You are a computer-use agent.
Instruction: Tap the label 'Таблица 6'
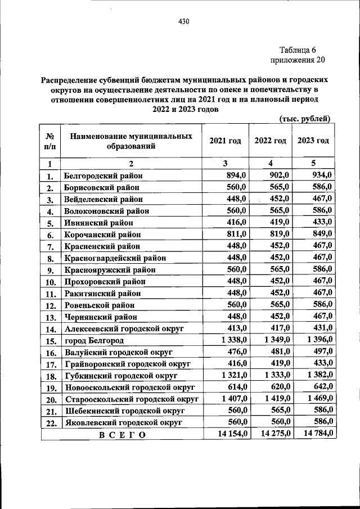pos(298,49)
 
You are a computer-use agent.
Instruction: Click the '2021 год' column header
pos(225,141)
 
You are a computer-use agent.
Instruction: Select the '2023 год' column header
pos(313,141)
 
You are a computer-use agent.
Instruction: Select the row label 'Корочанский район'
pos(102,235)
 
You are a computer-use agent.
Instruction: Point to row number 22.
pos(50,422)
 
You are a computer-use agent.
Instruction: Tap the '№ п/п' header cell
pos(49,141)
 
